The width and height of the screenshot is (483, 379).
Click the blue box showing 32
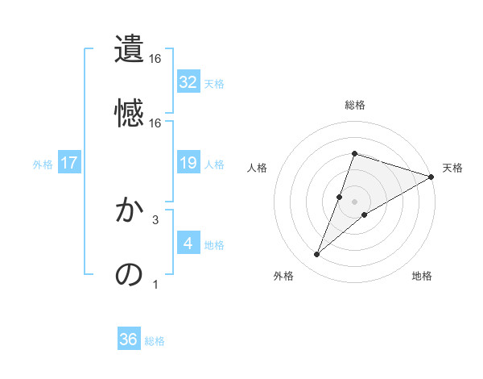(x=188, y=82)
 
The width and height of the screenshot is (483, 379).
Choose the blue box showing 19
(x=188, y=163)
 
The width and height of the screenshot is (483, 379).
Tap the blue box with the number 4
(x=188, y=244)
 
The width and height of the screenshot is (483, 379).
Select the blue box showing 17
(x=69, y=163)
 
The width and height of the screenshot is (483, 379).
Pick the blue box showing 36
(x=129, y=340)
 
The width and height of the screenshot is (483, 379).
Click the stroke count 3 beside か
(x=155, y=219)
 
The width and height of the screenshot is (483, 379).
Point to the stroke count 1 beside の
(x=155, y=284)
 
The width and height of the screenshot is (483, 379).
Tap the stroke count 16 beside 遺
(x=155, y=59)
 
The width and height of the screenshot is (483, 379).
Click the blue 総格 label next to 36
(x=155, y=341)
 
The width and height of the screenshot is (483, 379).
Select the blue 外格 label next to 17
(x=43, y=164)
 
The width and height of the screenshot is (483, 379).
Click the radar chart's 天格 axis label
(x=452, y=168)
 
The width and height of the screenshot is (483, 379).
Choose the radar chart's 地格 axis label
(x=422, y=276)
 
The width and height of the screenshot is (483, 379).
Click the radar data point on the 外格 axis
(x=317, y=255)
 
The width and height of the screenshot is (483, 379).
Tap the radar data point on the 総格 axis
(x=354, y=153)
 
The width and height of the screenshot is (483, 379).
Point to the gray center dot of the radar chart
(x=354, y=202)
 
